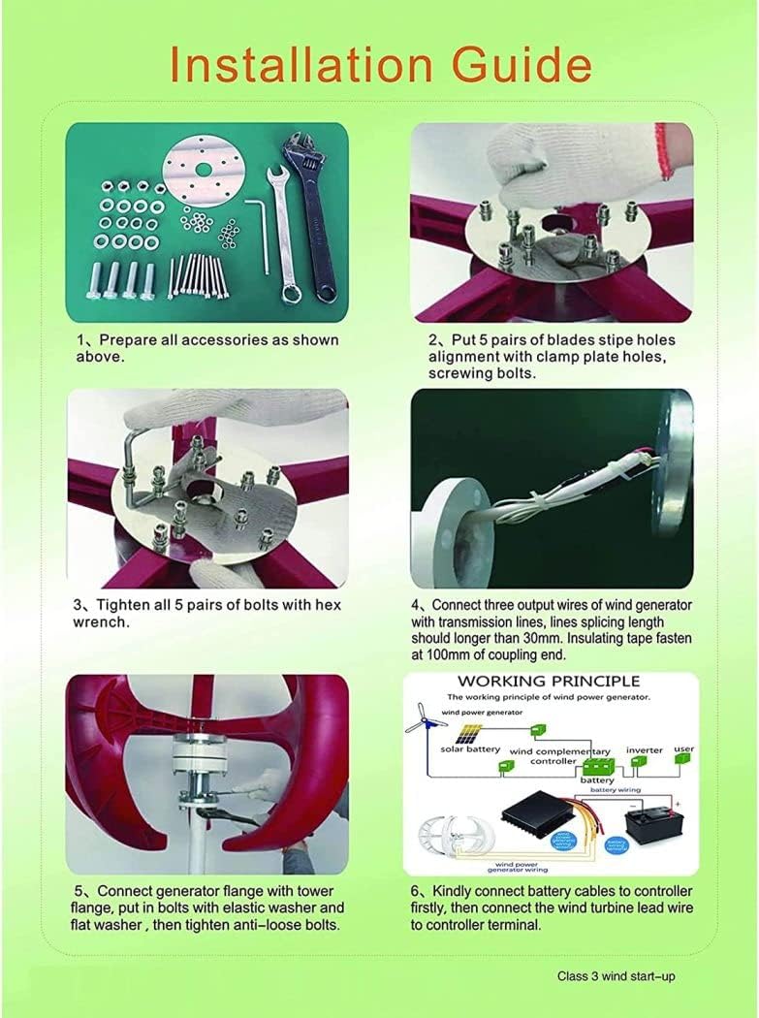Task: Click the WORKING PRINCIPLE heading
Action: pyautogui.click(x=548, y=682)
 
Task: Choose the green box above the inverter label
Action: pyautogui.click(x=640, y=761)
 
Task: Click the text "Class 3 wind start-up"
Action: pyautogui.click(x=616, y=976)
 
